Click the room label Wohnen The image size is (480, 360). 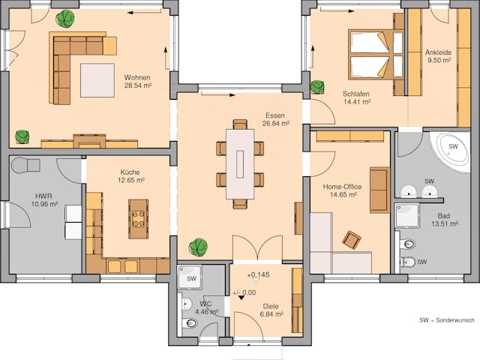point(137,77)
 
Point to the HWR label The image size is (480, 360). point(43,195)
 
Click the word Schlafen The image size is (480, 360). point(357,94)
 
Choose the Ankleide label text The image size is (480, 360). point(438,52)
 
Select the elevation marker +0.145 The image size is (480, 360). point(257,275)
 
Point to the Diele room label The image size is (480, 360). point(271,305)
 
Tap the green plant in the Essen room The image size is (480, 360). point(198,246)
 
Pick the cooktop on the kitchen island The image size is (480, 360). point(139,218)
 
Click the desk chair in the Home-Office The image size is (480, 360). point(351,239)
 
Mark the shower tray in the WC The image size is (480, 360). point(191,278)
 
